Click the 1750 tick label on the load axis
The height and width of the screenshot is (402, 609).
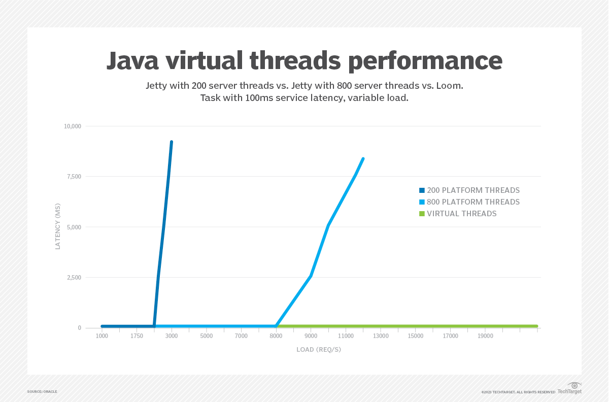click(137, 336)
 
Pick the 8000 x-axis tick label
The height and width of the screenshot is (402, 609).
click(276, 336)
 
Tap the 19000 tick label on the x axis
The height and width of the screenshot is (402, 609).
click(485, 336)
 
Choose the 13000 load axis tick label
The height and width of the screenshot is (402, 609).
click(381, 336)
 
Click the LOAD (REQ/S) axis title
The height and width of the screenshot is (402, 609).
click(319, 350)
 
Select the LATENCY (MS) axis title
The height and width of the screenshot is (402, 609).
click(58, 226)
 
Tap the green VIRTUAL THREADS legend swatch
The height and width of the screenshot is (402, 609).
click(422, 214)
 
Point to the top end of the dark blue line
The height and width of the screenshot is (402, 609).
click(172, 142)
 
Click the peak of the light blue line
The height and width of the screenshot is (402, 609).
click(363, 159)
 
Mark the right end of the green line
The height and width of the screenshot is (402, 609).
click(536, 326)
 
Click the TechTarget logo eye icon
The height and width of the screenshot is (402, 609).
click(574, 385)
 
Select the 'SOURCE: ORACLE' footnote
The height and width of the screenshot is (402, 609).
click(42, 392)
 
